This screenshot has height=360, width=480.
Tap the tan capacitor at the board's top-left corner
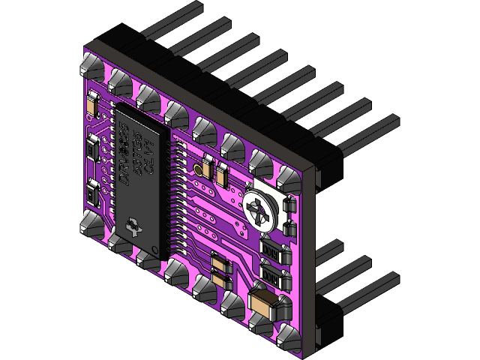[x=91, y=104]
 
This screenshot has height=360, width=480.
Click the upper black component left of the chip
[x=91, y=147]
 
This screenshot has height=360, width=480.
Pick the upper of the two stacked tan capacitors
[x=218, y=261]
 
